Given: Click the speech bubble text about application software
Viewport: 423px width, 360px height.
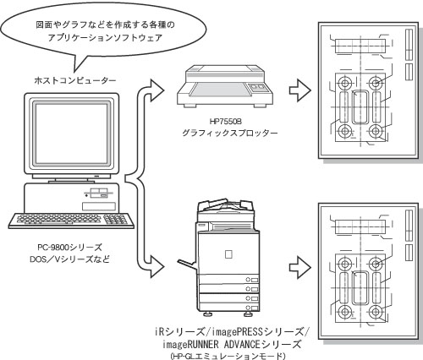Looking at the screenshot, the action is click(105, 31).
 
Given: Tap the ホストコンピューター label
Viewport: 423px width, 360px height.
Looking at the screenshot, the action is click(75, 80).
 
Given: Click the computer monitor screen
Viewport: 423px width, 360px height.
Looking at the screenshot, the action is click(71, 134).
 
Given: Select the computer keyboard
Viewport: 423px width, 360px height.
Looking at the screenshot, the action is click(71, 221).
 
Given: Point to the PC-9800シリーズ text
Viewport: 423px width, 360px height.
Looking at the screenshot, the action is click(69, 248).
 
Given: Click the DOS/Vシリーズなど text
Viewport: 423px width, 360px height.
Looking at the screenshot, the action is click(69, 259).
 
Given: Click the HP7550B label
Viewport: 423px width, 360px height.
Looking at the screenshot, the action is click(226, 122).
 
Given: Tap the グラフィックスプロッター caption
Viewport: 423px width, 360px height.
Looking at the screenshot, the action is click(229, 133).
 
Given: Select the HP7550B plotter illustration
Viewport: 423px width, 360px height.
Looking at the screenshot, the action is click(225, 86).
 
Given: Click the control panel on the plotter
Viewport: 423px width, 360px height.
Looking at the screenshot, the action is click(257, 88).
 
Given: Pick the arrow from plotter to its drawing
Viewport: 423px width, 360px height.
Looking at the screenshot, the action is click(300, 90).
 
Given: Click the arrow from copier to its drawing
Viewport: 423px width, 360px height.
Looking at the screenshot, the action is click(300, 268).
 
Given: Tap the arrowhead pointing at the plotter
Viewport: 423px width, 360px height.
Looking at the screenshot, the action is click(157, 90).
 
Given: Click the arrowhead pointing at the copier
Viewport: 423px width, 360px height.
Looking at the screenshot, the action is click(157, 266).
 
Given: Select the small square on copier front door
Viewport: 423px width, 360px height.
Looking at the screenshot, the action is click(228, 254).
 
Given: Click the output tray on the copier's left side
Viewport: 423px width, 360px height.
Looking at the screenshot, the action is click(187, 265).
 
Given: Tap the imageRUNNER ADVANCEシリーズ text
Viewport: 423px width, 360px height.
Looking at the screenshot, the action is click(232, 344).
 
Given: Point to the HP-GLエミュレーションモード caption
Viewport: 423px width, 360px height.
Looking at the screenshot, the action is click(228, 356).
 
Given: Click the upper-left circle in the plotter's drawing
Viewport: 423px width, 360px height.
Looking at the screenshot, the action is click(344, 83).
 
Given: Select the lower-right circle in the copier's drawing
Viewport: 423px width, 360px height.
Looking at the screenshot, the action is click(376, 312).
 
